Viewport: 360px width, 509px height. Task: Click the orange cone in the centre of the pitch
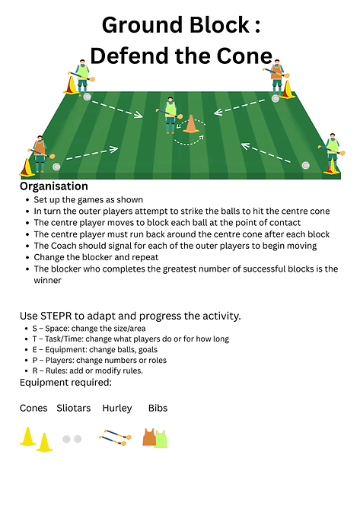191,124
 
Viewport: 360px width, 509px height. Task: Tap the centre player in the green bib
170,115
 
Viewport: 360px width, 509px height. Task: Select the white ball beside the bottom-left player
56,167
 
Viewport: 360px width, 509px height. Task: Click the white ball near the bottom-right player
305,165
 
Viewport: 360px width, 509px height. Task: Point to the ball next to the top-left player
87,97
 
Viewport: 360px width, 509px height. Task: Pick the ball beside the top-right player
276,99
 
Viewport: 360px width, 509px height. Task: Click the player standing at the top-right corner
276,78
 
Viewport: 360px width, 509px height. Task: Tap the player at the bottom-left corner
40,154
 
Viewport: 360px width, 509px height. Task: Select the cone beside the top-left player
71,85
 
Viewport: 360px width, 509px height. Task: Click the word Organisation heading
54,186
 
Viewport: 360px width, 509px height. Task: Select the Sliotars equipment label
74,408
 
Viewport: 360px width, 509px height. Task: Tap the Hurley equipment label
117,409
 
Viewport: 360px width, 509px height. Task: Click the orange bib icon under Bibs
149,437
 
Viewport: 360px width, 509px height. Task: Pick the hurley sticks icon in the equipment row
115,437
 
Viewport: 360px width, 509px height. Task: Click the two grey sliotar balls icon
72,439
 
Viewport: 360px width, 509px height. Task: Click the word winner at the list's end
47,281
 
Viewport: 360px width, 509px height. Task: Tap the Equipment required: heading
65,383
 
